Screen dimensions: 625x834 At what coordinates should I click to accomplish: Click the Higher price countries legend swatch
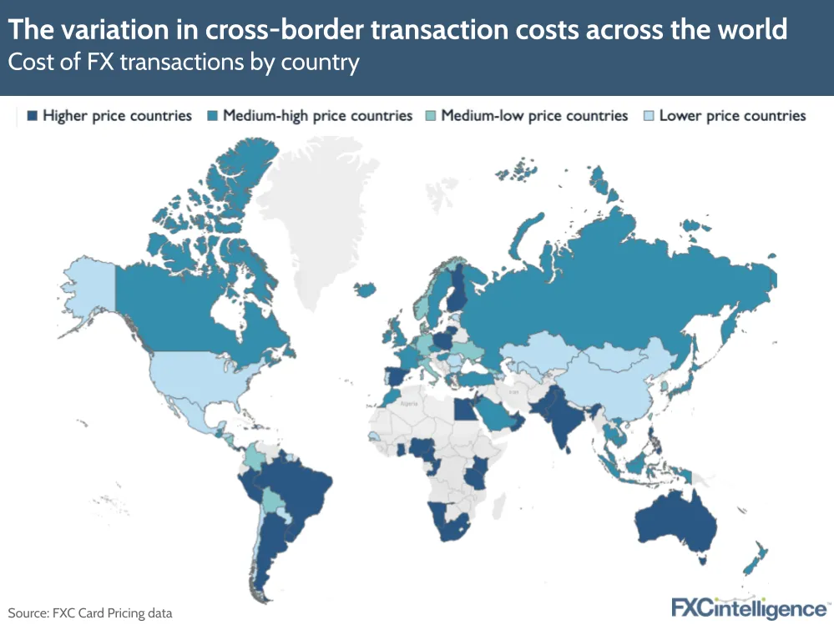click(x=33, y=116)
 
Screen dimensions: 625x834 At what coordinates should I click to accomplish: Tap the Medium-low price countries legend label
click(x=533, y=116)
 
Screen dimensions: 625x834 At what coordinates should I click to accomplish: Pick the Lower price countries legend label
click(x=732, y=116)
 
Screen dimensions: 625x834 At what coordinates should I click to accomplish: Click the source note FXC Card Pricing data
click(x=90, y=613)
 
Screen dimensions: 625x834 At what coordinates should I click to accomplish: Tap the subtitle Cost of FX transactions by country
click(x=184, y=63)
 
